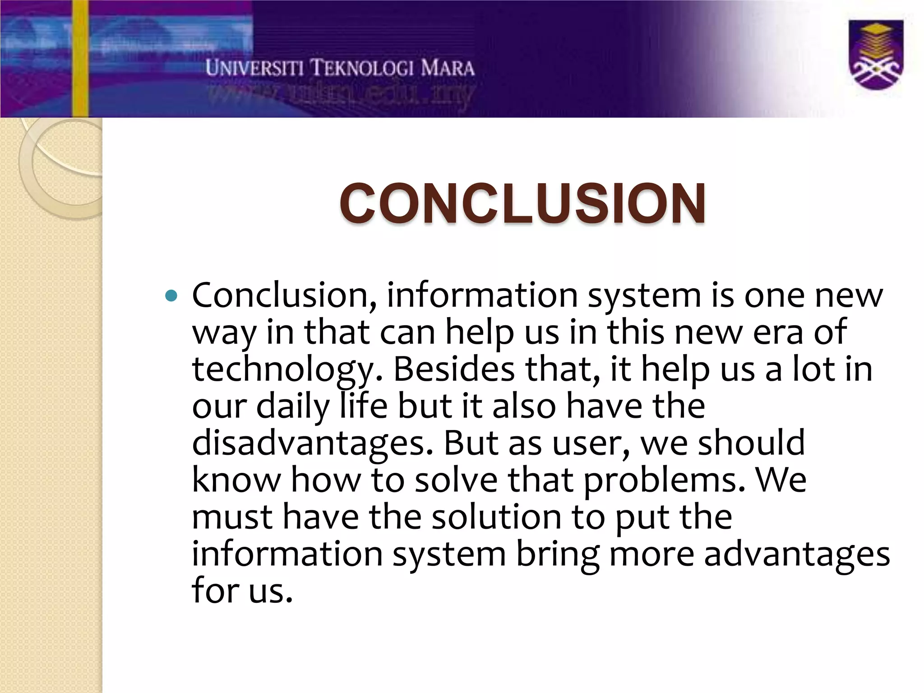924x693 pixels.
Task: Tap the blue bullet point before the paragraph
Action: [x=172, y=296]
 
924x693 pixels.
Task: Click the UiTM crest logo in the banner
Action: [x=876, y=55]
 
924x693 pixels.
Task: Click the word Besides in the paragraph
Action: [x=454, y=369]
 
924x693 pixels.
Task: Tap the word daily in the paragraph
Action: [x=293, y=406]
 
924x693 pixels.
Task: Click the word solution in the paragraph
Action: [x=496, y=517]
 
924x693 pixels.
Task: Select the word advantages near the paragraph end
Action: [x=796, y=554]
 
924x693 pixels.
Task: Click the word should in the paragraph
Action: [x=751, y=443]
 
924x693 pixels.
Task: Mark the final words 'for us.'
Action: [x=242, y=591]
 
